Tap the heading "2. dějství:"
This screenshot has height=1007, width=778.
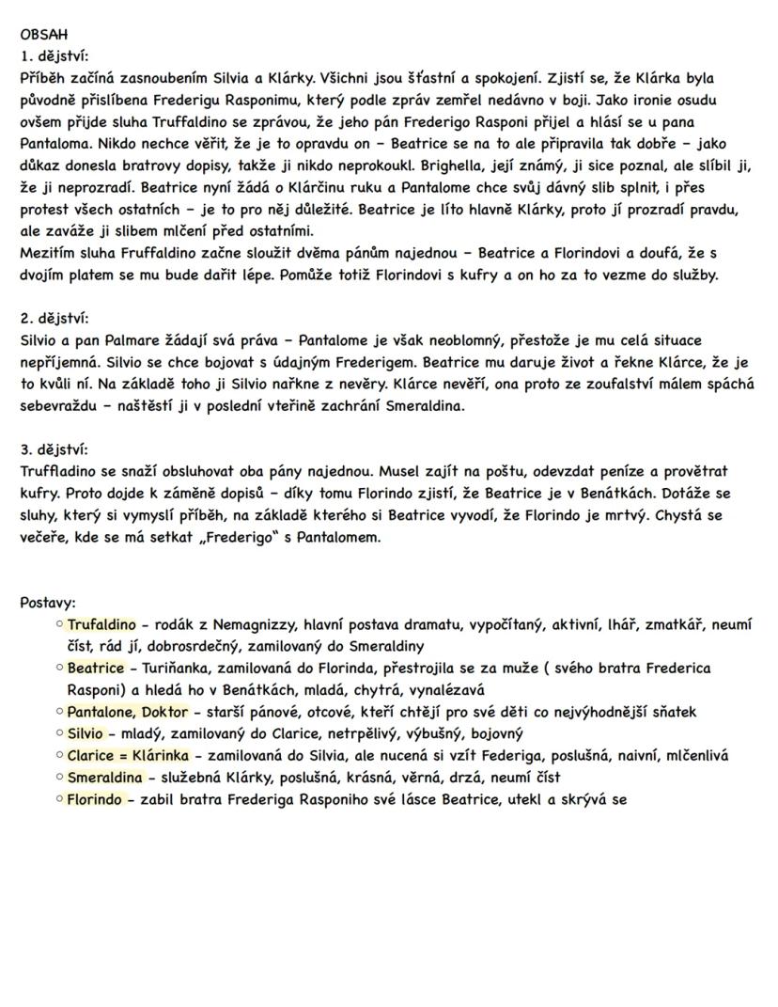point(54,319)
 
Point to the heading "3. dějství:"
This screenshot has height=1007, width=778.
point(54,448)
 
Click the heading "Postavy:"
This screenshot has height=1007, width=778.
point(48,603)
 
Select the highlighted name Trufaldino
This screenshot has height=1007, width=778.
point(102,624)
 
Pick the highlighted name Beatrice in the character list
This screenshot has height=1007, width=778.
point(95,668)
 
